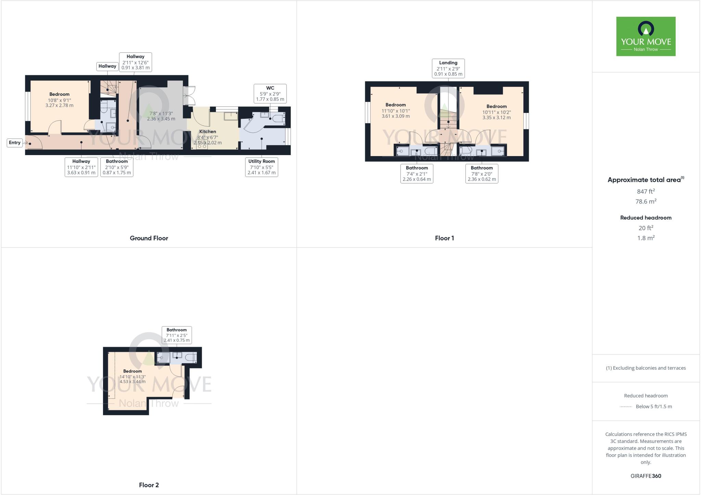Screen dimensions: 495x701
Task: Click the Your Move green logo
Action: (x=646, y=36)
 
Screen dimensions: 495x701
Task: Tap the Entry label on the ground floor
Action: (x=15, y=142)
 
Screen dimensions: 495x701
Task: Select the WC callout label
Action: (x=270, y=93)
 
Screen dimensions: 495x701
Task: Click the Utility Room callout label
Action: (x=262, y=167)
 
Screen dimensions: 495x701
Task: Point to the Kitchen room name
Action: (x=207, y=131)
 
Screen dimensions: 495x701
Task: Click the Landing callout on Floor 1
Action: (x=448, y=68)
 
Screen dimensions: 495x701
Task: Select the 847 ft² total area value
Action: (x=646, y=191)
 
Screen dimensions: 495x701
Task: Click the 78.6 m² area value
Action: (x=646, y=201)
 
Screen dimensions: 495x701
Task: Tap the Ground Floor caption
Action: (x=149, y=238)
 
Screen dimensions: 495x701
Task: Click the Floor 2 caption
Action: (x=149, y=485)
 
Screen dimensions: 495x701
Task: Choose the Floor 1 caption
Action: (x=444, y=238)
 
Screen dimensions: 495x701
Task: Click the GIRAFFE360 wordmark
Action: (x=646, y=476)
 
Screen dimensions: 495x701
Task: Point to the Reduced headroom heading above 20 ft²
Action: (x=646, y=218)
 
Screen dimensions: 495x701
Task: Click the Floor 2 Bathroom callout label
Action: (x=177, y=335)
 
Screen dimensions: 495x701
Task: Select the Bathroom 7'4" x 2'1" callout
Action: (x=417, y=173)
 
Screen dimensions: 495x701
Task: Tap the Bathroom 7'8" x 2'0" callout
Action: (x=482, y=173)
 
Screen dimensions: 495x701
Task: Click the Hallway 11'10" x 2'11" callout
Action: (x=81, y=167)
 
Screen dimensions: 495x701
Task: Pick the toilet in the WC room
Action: (x=279, y=118)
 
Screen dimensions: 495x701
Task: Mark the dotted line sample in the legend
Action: (x=625, y=407)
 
